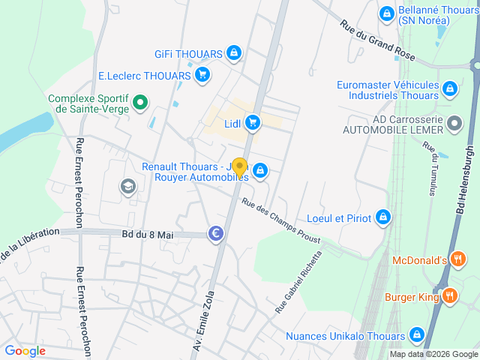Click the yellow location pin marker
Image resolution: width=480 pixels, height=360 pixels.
click(239, 167)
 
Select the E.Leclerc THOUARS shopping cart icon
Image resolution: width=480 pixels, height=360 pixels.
click(202, 75)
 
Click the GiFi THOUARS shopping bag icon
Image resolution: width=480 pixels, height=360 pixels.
click(234, 53)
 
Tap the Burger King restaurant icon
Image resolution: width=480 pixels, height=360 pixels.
click(450, 296)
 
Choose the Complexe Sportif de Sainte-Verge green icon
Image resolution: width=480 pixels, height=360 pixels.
click(139, 103)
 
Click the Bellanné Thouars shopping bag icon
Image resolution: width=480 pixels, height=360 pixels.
click(386, 13)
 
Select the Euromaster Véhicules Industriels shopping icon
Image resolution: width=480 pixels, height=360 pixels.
click(449, 90)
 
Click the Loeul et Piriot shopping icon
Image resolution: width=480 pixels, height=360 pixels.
click(383, 217)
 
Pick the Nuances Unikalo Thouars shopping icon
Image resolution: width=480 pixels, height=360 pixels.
click(417, 334)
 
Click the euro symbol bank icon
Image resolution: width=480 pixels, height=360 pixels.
click(216, 235)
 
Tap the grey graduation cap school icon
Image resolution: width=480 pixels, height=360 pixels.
click(128, 186)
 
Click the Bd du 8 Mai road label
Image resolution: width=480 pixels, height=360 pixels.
click(147, 235)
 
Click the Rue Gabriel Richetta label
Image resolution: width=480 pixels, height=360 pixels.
click(298, 282)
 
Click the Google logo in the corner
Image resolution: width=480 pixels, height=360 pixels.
click(25, 350)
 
